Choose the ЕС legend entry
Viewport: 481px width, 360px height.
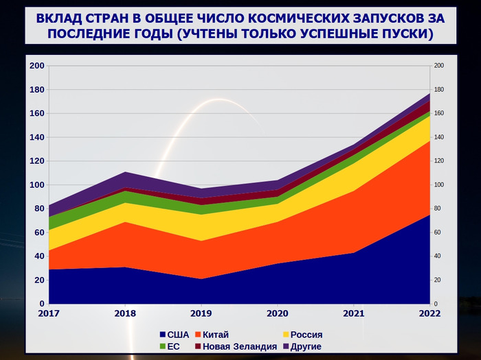172,346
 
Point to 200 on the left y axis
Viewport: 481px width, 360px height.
36,66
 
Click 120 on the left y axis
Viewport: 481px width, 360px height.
36,161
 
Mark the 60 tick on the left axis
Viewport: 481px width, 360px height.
39,232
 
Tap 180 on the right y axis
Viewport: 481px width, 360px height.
439,90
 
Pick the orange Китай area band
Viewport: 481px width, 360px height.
275,240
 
